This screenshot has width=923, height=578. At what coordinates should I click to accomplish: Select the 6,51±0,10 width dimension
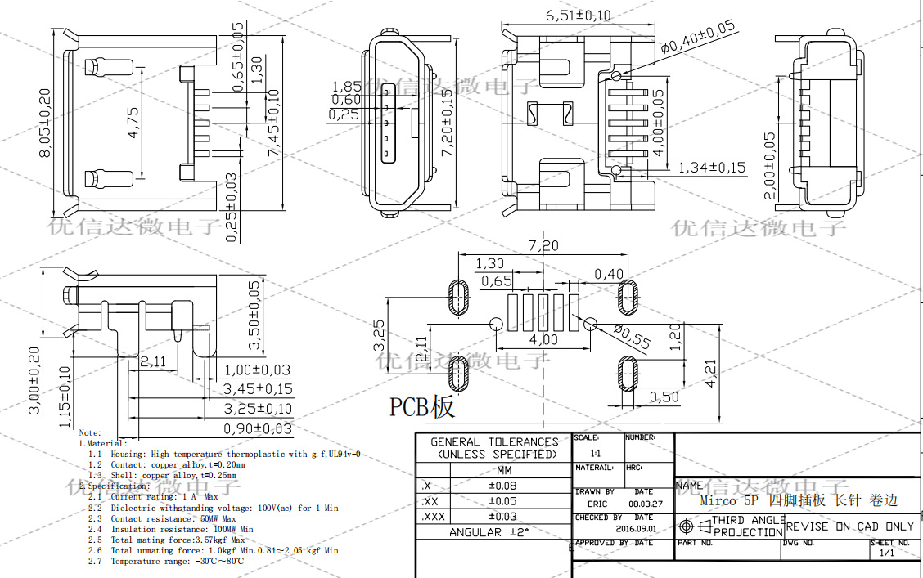point(578,16)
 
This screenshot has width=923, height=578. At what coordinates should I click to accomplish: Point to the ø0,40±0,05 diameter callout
point(697,38)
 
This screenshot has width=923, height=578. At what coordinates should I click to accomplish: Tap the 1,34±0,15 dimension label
point(711,168)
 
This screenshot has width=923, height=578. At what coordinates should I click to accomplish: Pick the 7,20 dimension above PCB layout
point(543,245)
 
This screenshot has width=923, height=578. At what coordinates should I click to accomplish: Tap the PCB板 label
point(421,406)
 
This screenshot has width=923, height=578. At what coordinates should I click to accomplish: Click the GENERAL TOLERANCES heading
point(494,441)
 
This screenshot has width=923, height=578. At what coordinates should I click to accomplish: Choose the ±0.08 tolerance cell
point(502,486)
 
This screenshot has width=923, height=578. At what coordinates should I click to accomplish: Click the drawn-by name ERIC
point(597,504)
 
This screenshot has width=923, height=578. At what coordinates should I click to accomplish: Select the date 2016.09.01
point(637,528)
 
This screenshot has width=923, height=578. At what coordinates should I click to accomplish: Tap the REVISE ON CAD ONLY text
point(849,526)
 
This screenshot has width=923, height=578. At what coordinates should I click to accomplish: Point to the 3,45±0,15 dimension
point(258,389)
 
